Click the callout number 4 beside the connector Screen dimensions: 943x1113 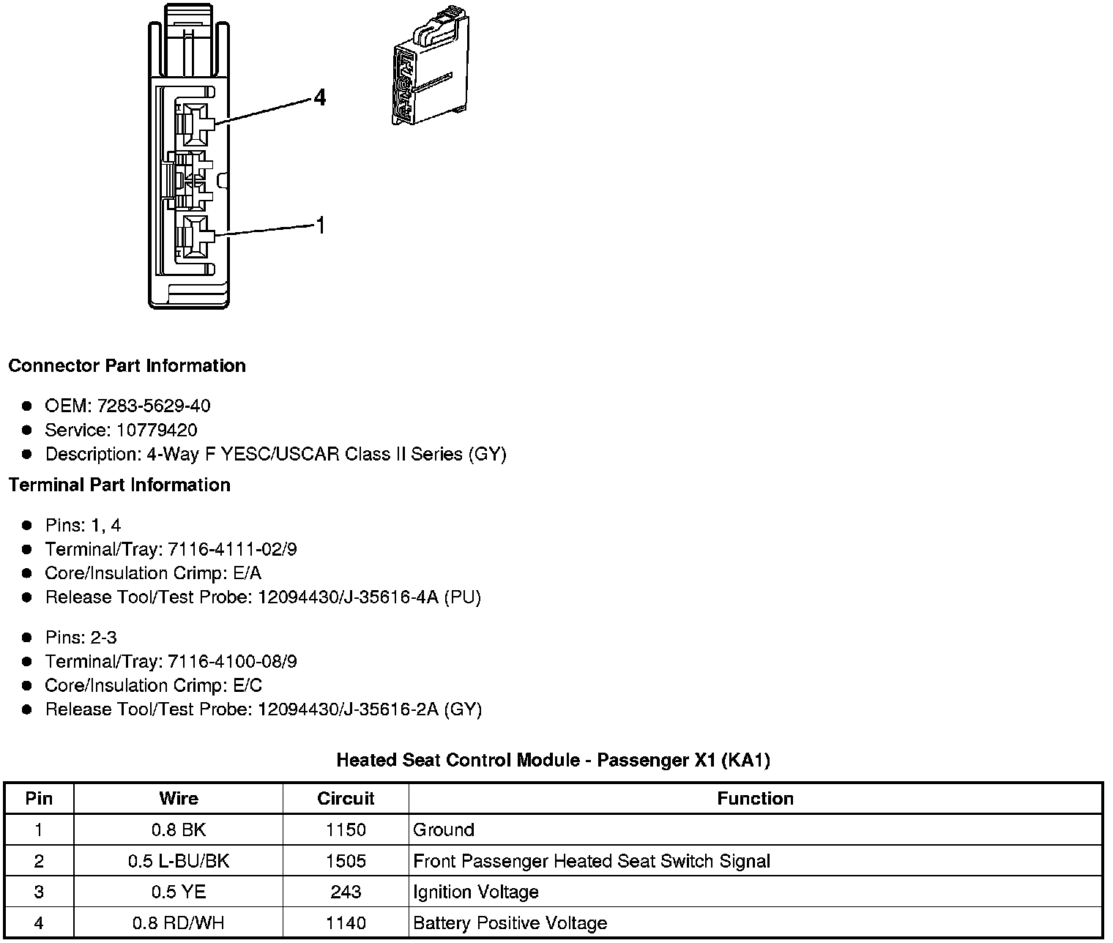pos(319,97)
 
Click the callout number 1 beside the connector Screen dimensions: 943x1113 pos(319,225)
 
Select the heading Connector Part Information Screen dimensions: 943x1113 pos(127,366)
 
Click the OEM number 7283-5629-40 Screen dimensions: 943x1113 pos(153,406)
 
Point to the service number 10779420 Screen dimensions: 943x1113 pos(156,430)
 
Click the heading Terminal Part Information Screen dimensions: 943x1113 pos(119,485)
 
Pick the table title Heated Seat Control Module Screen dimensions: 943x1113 pos(553,761)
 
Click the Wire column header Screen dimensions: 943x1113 pos(179,798)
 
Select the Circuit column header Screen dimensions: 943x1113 pos(346,798)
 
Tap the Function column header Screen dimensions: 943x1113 pos(755,798)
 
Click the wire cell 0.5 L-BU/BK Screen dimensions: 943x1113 pos(179,861)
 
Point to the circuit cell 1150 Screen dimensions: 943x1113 pos(346,830)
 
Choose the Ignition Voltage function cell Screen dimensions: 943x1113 pos(476,892)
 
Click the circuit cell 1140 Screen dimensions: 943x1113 pos(346,923)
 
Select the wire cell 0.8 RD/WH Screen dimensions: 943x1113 pos(179,923)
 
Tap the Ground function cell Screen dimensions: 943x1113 pos(444,830)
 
